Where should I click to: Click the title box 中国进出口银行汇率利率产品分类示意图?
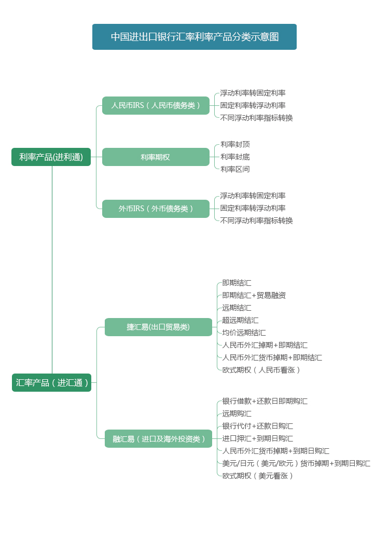(x=195, y=37)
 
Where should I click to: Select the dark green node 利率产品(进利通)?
(x=51, y=157)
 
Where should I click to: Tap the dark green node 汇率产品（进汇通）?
(x=51, y=382)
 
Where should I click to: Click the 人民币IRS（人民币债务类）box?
(x=156, y=105)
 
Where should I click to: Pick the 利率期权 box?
(x=156, y=157)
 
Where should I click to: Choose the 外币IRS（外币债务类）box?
(x=156, y=209)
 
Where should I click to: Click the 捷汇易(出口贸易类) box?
(x=158, y=327)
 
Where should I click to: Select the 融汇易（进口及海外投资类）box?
(x=158, y=438)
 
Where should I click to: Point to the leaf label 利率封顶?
(x=235, y=144)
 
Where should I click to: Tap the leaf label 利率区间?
(x=235, y=169)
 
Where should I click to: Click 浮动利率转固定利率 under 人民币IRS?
(x=253, y=93)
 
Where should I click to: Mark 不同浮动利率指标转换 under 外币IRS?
(x=256, y=220)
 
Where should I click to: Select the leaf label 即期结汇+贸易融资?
(x=254, y=295)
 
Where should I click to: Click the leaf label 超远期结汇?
(x=240, y=320)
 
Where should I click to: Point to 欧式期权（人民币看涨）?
(x=261, y=370)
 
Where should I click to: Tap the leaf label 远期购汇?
(x=237, y=413)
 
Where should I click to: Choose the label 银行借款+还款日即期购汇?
(x=265, y=401)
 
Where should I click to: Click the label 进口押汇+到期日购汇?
(x=257, y=438)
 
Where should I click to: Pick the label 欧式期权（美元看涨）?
(x=257, y=476)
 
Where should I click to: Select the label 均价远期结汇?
(x=244, y=333)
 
